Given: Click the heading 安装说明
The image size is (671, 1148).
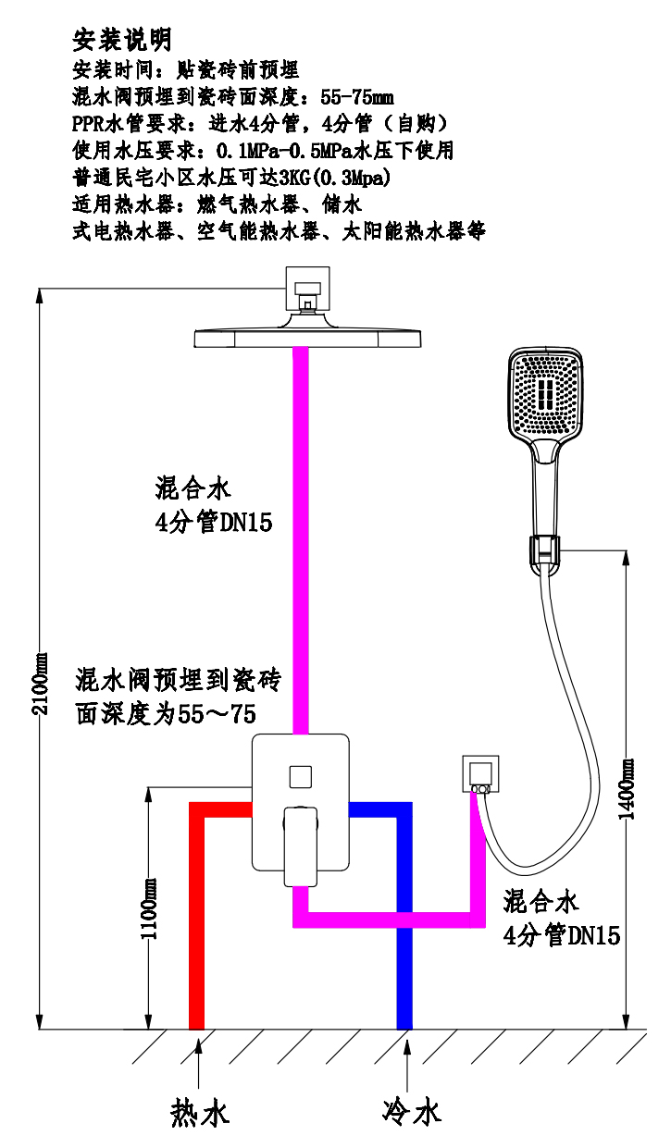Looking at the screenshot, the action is (x=121, y=40).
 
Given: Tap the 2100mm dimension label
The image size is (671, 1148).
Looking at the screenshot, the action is (x=40, y=684).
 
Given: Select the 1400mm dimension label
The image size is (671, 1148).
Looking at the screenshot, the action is (x=626, y=789).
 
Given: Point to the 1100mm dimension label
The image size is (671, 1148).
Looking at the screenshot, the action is (x=149, y=908).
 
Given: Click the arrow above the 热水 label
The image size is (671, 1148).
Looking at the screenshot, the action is (x=198, y=1060).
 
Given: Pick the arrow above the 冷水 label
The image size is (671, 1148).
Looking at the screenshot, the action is (x=407, y=1061).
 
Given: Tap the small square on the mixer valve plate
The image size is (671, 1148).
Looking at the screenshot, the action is (x=301, y=777).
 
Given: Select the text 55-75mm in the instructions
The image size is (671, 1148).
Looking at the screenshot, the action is (x=357, y=96).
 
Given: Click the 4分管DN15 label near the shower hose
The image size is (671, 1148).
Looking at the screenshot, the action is (x=561, y=936).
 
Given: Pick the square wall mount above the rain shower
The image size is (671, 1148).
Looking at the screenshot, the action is (x=307, y=289).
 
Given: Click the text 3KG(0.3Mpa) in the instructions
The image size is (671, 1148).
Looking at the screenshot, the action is (x=335, y=178).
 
